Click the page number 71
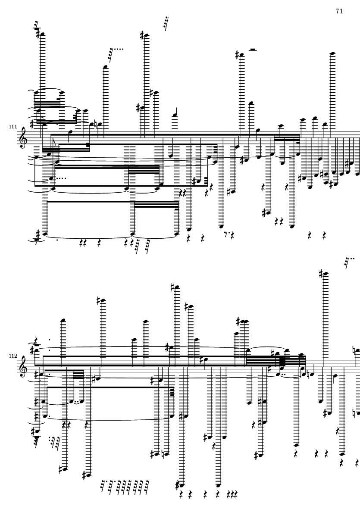point(339,11)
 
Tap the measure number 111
point(13,127)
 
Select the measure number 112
point(13,356)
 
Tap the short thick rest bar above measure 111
point(253,50)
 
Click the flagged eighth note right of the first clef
point(53,148)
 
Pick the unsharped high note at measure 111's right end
point(332,53)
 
